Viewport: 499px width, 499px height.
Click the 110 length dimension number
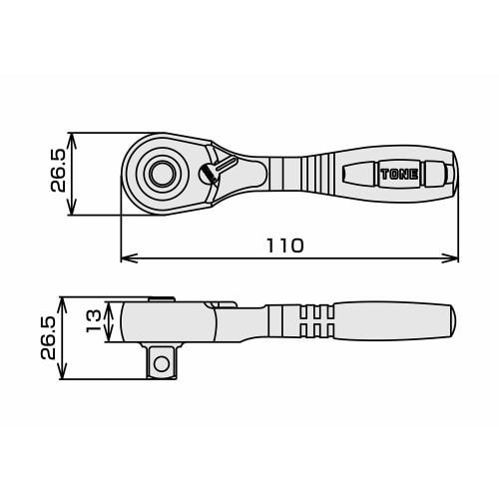tap(285, 245)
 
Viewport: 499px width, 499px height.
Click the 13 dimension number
tap(93, 319)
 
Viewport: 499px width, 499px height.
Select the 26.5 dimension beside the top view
tap(58, 172)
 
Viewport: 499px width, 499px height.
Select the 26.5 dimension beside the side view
tap(46, 337)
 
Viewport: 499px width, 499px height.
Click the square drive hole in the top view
tap(160, 174)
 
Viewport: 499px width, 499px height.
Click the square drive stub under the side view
tap(160, 361)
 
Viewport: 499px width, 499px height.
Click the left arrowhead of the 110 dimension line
tap(125, 258)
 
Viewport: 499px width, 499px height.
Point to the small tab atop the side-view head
tap(158, 298)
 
